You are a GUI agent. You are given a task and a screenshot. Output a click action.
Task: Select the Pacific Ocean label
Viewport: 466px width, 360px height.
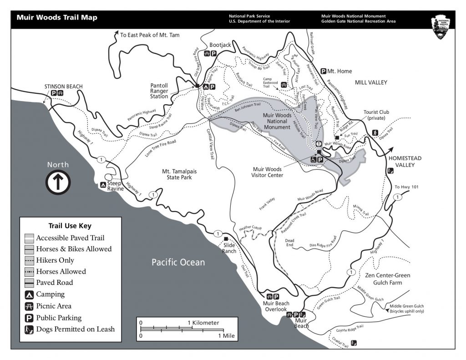pos(178,263)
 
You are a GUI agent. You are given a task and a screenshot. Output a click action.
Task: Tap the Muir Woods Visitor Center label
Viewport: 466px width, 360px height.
pos(268,172)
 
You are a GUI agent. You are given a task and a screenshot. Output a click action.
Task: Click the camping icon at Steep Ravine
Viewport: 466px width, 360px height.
pos(103,185)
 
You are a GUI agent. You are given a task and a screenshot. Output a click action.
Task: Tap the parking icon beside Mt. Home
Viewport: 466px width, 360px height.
pos(324,71)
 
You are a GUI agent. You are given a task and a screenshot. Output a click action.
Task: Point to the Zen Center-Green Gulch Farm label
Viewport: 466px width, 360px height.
pos(388,279)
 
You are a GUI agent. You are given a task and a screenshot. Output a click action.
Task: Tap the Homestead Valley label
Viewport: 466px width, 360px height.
pos(401,161)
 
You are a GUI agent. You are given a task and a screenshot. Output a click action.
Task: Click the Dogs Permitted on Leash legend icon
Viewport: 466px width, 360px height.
pos(29,329)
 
